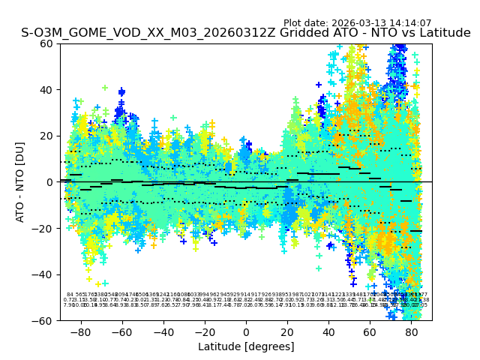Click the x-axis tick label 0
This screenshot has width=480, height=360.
(246, 331)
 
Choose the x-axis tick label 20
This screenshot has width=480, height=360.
(287, 331)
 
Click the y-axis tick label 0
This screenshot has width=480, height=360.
(50, 182)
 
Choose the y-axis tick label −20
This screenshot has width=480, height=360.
(44, 228)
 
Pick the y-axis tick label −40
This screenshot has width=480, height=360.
(44, 274)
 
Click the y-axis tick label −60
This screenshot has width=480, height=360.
(44, 320)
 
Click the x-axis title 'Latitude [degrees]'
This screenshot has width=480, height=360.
(246, 346)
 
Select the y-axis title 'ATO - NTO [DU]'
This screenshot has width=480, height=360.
(20, 182)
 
